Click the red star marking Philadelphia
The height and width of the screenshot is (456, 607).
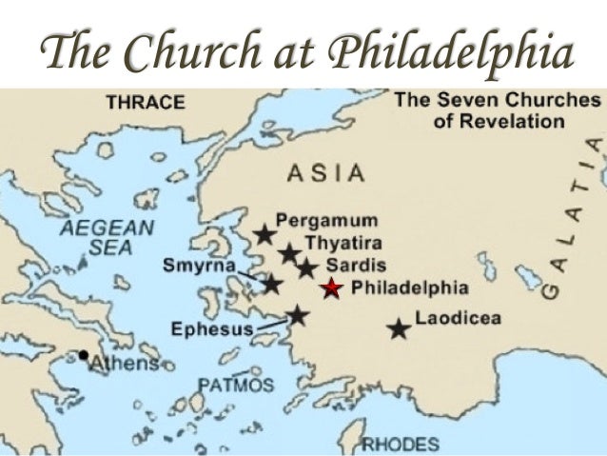331,288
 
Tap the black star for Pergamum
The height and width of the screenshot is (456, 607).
264,233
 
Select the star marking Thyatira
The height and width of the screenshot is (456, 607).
289,254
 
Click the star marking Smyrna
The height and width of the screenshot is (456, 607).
272,283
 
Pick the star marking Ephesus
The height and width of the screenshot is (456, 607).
298,315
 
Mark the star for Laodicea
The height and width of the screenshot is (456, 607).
399,328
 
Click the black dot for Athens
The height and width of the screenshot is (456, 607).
85,356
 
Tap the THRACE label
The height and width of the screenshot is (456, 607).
144,102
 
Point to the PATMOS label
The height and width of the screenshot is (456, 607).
236,385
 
